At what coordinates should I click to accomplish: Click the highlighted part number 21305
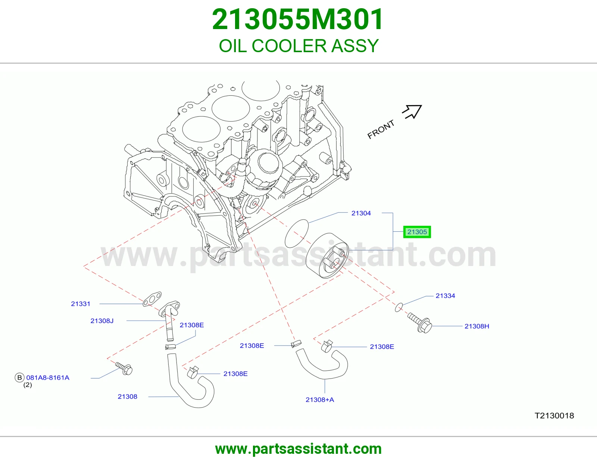[417, 232]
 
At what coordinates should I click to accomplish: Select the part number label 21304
[361, 213]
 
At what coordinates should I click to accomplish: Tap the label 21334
[446, 296]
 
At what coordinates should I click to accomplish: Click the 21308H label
[476, 326]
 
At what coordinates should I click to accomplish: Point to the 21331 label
[81, 304]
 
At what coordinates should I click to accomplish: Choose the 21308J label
[102, 321]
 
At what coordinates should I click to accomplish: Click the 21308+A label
[320, 400]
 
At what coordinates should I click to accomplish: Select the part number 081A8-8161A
[48, 377]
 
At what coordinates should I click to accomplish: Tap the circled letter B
[19, 377]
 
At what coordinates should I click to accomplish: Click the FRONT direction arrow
[412, 112]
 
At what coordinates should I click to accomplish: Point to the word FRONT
[381, 129]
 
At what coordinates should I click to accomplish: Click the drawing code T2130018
[554, 416]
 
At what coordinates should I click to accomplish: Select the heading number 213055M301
[298, 19]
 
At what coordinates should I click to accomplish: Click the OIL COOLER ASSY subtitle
[298, 45]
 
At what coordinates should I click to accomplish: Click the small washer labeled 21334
[399, 307]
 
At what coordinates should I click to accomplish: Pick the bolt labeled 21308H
[419, 323]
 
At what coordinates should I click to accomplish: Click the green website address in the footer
[298, 449]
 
